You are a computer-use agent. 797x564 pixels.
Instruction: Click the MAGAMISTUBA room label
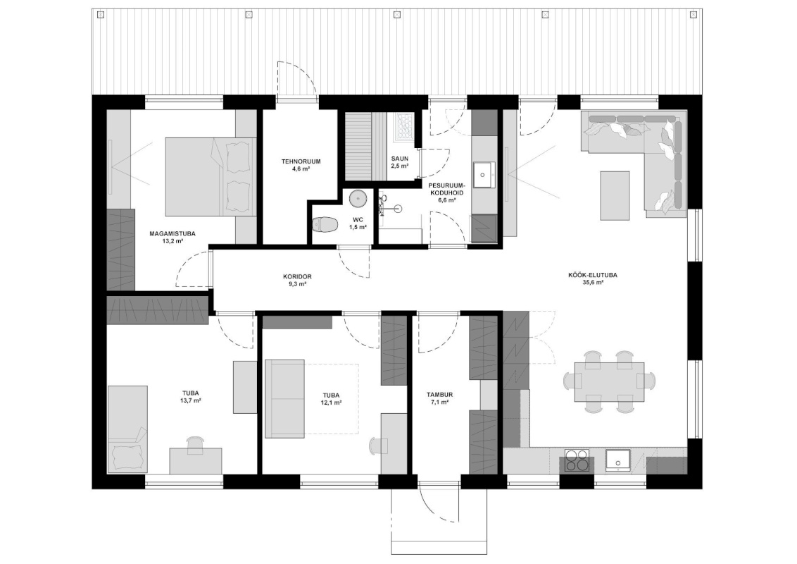[172, 234]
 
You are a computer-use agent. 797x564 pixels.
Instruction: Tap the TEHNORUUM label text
[301, 162]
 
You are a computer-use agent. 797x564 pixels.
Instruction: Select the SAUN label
[399, 159]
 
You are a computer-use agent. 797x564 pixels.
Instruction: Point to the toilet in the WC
[325, 224]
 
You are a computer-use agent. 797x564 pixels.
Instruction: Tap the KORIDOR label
[297, 277]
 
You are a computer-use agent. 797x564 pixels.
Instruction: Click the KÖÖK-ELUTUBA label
[593, 276]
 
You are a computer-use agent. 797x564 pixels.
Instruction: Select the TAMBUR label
[439, 395]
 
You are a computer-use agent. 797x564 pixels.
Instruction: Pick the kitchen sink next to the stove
[617, 460]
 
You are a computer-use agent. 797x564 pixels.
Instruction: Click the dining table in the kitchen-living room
[610, 382]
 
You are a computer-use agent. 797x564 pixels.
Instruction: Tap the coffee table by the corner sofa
[615, 196]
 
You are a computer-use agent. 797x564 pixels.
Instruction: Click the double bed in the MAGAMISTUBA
[211, 177]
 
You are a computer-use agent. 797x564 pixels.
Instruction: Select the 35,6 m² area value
[593, 283]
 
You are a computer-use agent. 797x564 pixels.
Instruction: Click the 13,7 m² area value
[191, 401]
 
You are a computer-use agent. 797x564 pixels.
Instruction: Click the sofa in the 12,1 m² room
[284, 398]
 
